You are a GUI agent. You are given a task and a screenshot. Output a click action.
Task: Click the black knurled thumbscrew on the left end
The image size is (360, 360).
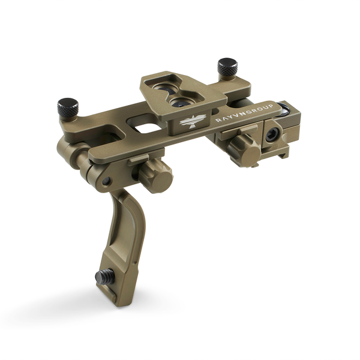coord(68,107)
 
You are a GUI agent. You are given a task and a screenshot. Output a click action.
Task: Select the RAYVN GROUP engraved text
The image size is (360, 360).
coord(244,113)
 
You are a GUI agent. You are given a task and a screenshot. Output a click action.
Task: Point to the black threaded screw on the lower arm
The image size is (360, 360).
coord(103,277)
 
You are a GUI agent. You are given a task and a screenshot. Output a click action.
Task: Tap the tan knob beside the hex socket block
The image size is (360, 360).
coord(245,148)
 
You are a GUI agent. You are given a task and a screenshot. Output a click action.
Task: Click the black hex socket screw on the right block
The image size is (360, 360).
coord(272,135)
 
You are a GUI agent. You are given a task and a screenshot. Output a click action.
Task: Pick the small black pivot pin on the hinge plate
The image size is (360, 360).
coord(107,181)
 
